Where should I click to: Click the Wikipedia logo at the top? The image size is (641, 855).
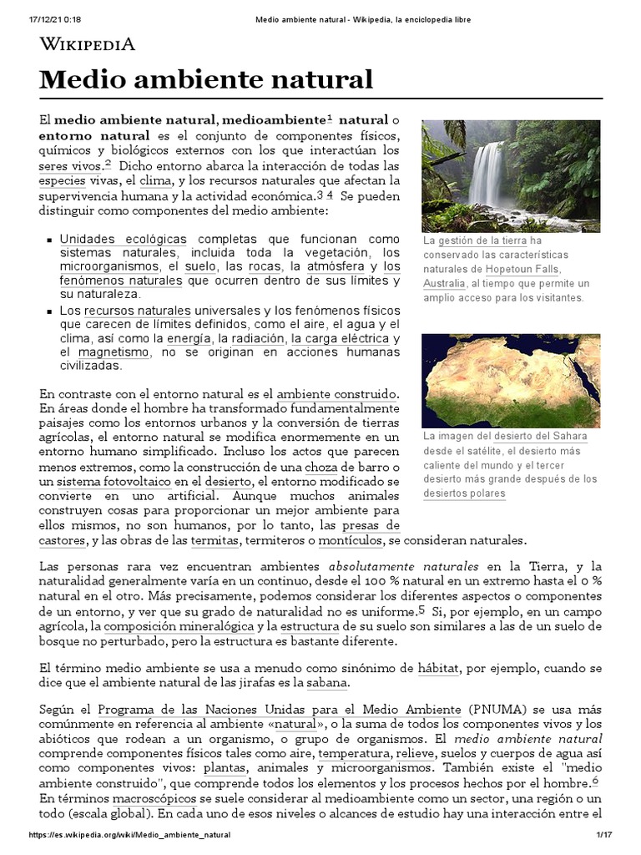pos(88,44)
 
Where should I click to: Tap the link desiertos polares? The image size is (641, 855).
pos(464,493)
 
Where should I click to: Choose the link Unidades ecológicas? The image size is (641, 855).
pos(124,239)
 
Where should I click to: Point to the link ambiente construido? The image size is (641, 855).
pos(337,393)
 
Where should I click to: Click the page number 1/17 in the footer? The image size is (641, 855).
pos(604,835)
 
